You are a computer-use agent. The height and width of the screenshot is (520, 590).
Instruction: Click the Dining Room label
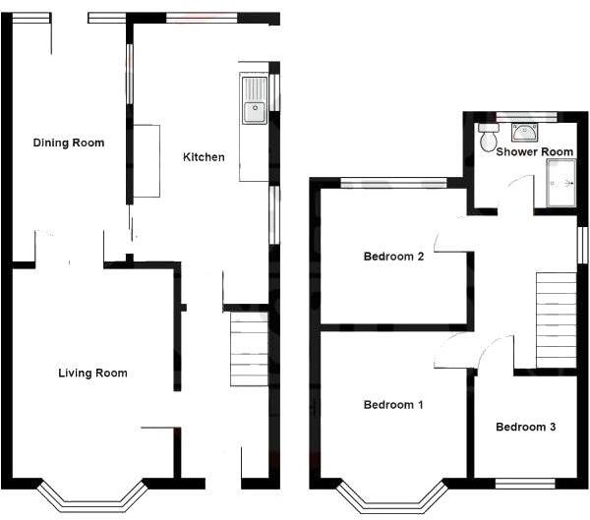(68, 143)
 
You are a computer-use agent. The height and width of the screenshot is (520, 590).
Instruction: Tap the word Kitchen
(204, 157)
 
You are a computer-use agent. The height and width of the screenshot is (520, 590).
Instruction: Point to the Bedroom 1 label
(393, 405)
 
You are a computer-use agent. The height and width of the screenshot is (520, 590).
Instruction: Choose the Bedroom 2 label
(393, 258)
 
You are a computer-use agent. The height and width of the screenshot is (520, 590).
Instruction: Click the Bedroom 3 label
(525, 427)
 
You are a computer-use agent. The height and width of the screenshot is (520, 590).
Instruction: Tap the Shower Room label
(534, 152)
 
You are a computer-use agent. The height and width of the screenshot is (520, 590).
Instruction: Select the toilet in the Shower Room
(487, 139)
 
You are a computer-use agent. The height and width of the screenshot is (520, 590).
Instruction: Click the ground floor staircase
(248, 349)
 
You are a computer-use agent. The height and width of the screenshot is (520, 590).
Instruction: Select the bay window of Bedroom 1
(391, 495)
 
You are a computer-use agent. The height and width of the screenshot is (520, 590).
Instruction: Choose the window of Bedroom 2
(393, 182)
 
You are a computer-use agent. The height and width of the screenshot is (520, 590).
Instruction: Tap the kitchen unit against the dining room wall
(147, 161)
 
